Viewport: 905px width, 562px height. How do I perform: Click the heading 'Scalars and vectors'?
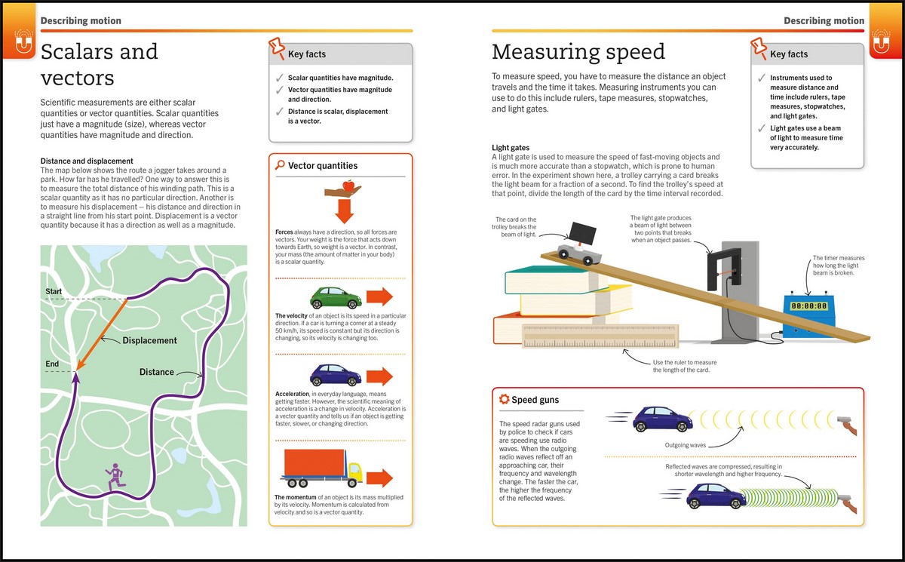coord(99,64)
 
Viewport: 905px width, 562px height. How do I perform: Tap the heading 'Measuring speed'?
coord(578,51)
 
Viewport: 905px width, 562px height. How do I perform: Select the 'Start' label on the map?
coord(54,292)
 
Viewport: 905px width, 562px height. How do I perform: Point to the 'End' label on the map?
coord(52,364)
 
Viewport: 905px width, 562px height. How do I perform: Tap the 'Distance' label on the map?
coord(157,372)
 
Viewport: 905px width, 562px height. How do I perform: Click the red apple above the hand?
coord(348,185)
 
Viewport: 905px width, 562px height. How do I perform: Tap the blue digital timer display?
coord(809,306)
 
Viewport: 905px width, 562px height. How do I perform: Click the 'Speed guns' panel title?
coord(535,400)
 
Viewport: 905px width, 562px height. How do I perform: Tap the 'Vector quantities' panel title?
coord(322,166)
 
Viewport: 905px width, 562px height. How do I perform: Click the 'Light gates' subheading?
coord(511,147)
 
